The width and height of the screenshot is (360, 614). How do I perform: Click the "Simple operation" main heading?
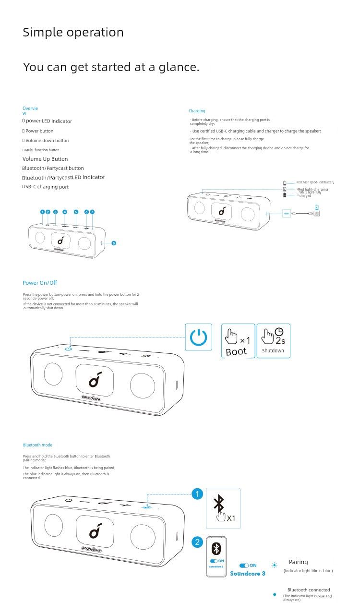pos(73,33)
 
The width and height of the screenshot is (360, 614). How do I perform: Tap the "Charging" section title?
pos(197,111)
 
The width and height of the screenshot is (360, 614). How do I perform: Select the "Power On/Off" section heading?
pos(40,283)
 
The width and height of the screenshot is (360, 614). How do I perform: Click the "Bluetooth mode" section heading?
pos(38,445)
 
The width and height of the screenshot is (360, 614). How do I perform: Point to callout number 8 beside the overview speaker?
pos(114,243)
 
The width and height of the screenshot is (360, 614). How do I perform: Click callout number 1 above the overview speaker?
pos(42,212)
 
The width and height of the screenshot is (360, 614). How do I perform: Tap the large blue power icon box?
pos(198,337)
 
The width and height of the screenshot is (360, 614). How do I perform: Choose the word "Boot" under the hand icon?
pos(236,351)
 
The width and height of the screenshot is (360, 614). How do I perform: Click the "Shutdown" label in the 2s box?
pos(273,351)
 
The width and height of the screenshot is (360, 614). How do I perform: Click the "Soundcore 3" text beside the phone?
pos(248,573)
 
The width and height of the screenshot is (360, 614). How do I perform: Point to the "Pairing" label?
pos(299,562)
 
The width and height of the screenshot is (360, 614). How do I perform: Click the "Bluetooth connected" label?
pos(309,590)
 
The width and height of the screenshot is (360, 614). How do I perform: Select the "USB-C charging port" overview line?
pos(45,187)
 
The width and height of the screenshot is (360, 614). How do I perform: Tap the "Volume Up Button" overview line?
pos(45,159)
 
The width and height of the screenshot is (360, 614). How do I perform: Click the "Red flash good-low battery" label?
pos(315,182)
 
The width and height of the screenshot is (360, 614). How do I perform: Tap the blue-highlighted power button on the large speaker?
pos(69,348)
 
